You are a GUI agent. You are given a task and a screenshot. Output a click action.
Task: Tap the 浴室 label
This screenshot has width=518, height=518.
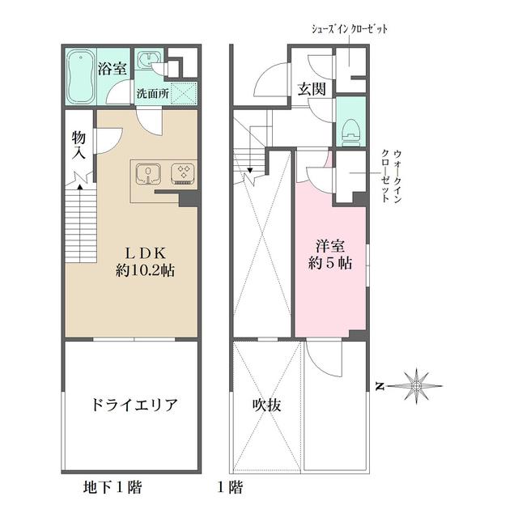(112, 69)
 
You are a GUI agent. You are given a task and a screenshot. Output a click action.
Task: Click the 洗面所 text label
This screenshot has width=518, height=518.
(152, 93)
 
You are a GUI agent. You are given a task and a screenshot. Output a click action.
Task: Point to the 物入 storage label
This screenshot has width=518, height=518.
(79, 146)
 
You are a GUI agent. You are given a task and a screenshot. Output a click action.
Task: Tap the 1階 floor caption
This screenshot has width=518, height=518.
(230, 487)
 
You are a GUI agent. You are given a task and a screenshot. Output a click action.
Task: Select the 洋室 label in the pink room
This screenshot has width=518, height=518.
(330, 244)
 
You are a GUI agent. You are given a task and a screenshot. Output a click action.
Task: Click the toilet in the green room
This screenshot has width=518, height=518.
(350, 127)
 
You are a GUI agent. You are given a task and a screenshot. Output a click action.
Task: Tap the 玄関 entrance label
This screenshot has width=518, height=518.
(311, 89)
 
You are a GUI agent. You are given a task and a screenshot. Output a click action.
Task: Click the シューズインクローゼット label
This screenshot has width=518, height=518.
(350, 28)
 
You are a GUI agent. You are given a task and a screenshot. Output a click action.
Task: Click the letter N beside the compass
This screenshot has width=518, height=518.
(379, 386)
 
